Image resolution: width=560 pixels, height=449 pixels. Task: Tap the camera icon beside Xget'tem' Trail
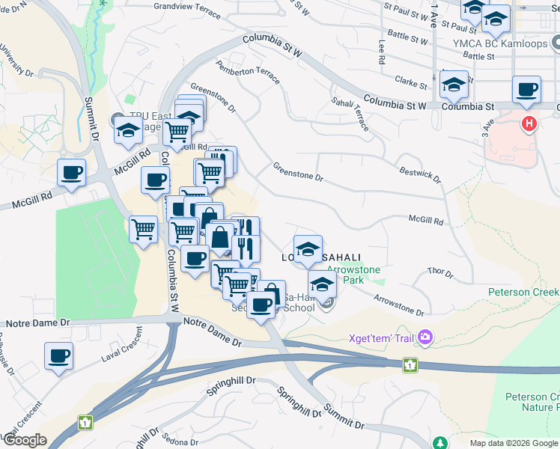tap(426, 338)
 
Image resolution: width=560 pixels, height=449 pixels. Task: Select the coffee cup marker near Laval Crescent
tap(58, 356)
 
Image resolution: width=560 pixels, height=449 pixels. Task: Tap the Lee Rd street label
tap(381, 51)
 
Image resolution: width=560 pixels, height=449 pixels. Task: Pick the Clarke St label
tap(410, 80)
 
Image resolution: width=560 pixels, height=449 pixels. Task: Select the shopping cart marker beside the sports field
tap(143, 229)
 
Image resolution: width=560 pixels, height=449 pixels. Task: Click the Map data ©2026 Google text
tap(513, 443)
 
